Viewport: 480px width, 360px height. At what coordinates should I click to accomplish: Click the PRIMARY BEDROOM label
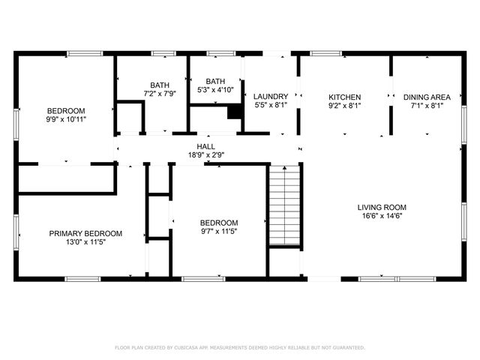coord(85,233)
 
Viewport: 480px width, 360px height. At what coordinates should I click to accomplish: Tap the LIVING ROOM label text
coord(381,208)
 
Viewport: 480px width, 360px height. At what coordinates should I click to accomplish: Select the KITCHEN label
coord(345,97)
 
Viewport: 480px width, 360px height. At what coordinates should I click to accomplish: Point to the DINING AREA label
coord(427,97)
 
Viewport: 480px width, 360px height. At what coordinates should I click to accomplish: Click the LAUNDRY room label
coord(271,97)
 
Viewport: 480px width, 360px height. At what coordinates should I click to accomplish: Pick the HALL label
coord(206,146)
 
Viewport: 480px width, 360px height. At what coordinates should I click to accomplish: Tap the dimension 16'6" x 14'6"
coord(381,217)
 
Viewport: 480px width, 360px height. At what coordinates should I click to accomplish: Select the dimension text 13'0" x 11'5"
coord(85,242)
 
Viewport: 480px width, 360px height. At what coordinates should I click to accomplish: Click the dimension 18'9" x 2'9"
coord(206,155)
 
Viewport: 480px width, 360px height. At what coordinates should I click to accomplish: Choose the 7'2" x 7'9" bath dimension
coord(160,94)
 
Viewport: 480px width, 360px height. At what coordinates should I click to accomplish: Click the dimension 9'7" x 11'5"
coord(219,232)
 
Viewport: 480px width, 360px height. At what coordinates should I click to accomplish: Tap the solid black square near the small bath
coord(235,111)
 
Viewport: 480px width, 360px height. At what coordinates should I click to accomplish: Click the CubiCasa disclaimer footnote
coord(240,347)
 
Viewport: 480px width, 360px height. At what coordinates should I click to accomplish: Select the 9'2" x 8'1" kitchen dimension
coord(345,106)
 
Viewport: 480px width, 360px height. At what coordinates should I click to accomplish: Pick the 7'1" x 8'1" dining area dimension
coord(427,106)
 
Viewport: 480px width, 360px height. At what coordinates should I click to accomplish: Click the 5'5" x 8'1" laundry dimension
coord(271,106)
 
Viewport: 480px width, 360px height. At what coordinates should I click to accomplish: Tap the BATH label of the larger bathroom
coord(160,85)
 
